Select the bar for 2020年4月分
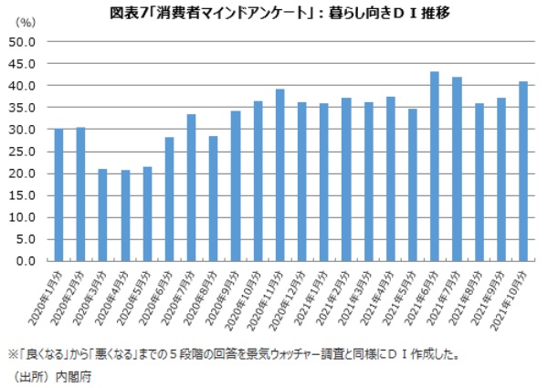click(125, 215)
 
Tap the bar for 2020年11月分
click(279, 174)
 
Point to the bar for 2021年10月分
click(522, 171)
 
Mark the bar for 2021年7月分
click(456, 169)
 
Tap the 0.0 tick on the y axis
click(24, 261)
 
